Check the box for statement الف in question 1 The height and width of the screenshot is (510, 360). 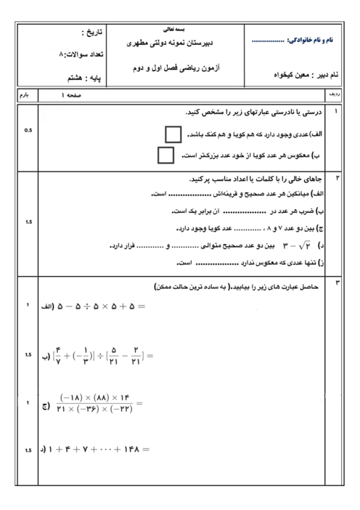point(173,134)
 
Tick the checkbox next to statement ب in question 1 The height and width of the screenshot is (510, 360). point(165,155)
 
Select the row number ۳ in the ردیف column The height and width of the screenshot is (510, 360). point(336,280)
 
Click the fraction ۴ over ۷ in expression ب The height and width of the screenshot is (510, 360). point(58,355)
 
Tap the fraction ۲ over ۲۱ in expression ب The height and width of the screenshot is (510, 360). point(134,355)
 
